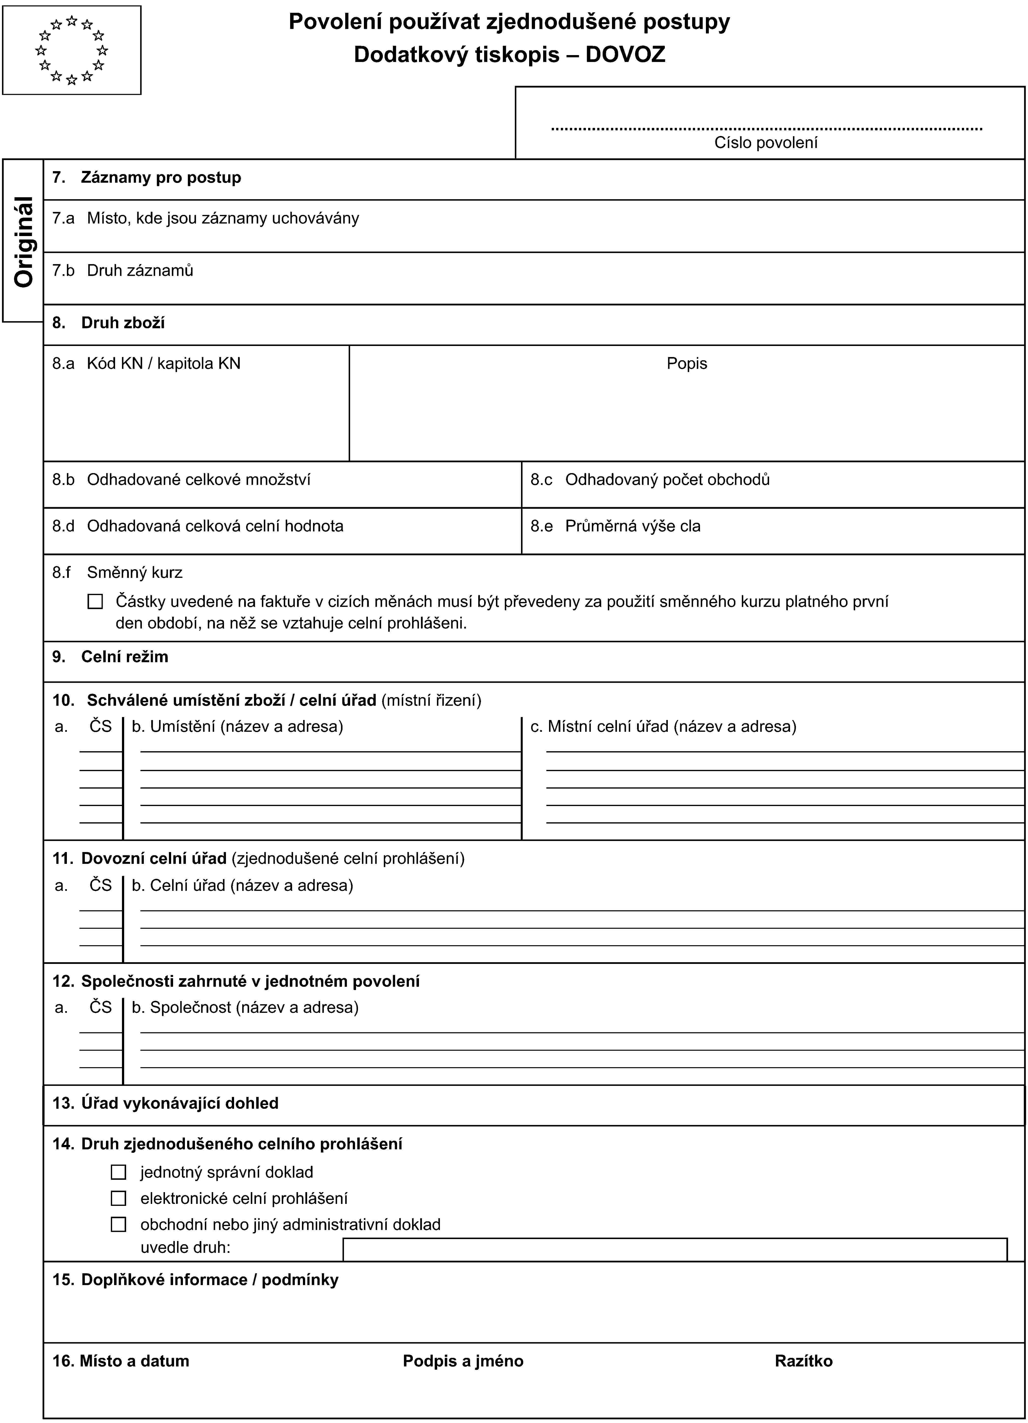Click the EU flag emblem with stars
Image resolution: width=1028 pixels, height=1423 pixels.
point(72,50)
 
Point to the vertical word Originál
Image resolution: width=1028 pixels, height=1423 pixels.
point(24,241)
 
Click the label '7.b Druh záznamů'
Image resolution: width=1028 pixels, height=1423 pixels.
point(123,270)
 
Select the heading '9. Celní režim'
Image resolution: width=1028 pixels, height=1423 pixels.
point(110,657)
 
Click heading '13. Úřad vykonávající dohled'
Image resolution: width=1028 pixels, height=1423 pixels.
point(165,1104)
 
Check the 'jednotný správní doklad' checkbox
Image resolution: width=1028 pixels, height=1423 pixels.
point(119,1172)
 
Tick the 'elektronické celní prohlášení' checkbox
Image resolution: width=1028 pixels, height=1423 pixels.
point(119,1198)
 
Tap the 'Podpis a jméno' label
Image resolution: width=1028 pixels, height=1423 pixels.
point(463,1361)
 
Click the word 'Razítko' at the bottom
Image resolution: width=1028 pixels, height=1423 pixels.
point(804,1361)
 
